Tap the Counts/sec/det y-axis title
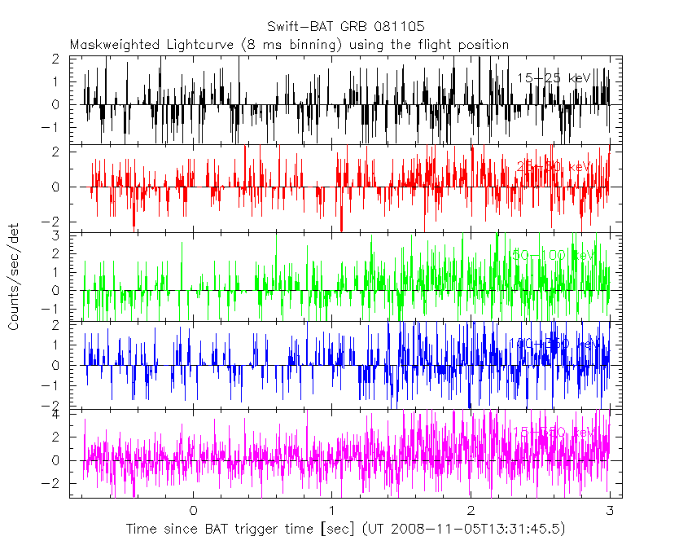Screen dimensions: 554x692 15,278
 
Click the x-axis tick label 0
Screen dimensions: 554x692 193,511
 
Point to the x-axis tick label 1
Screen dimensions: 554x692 332,511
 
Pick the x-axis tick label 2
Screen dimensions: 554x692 471,511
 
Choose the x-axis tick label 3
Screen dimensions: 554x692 610,511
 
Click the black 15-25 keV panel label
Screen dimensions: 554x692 554,78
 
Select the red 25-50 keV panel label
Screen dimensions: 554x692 554,167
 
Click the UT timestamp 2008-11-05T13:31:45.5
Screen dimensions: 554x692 477,530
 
